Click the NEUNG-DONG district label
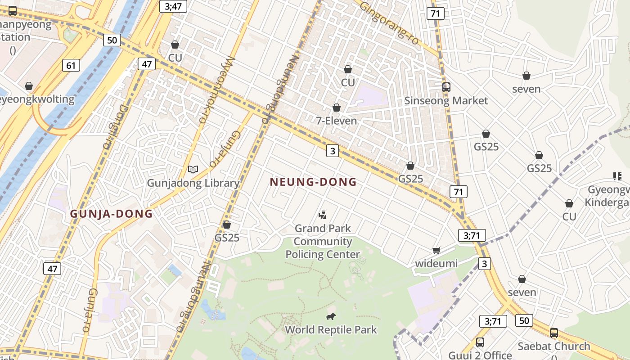click(313, 182)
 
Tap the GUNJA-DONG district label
click(111, 214)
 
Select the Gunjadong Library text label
click(193, 183)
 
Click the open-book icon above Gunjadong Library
click(193, 169)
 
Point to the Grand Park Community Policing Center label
click(323, 241)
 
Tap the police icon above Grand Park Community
click(322, 215)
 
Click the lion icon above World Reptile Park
click(331, 317)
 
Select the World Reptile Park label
click(331, 330)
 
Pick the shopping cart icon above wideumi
click(436, 250)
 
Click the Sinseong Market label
click(446, 100)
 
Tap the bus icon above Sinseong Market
click(446, 87)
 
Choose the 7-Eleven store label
click(337, 121)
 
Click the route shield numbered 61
click(71, 66)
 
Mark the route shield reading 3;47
click(173, 6)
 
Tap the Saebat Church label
click(553, 346)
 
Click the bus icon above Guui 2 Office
click(480, 342)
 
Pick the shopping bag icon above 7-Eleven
click(337, 108)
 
